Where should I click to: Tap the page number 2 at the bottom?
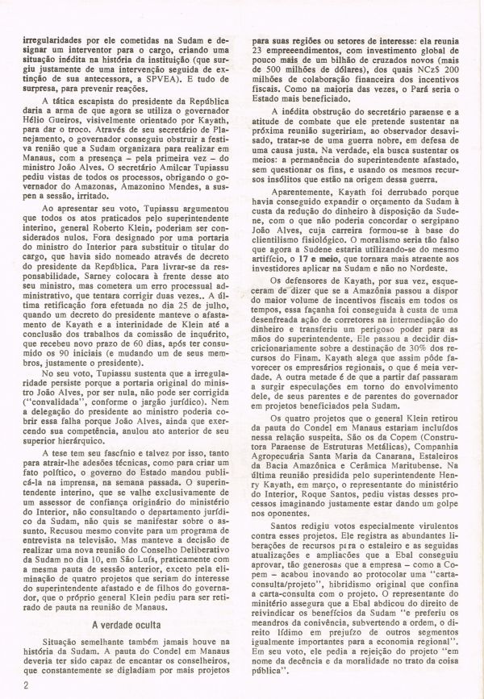click(x=27, y=685)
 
